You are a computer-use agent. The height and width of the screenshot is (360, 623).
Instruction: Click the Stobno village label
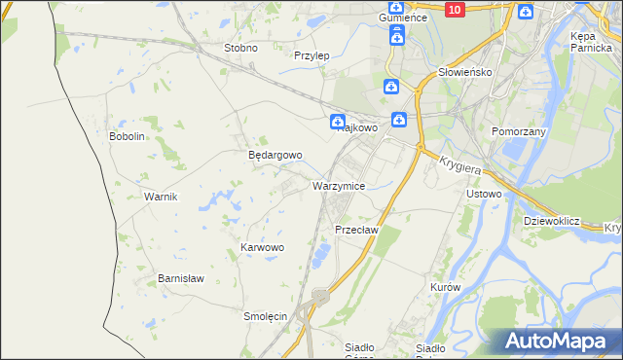point(240,48)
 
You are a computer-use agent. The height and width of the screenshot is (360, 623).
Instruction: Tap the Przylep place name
point(311,55)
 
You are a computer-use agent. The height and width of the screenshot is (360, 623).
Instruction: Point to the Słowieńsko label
point(465,72)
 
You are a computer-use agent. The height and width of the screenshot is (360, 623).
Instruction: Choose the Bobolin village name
point(127,136)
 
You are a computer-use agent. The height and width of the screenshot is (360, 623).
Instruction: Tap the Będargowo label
point(275,155)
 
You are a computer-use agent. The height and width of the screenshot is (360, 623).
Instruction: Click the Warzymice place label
point(339,185)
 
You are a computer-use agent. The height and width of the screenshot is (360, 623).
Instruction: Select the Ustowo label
point(484,194)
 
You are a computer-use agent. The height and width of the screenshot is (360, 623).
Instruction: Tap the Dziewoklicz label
point(551,221)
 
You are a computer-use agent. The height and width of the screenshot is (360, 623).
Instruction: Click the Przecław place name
point(355,230)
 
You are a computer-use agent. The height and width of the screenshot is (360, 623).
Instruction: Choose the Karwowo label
point(262,248)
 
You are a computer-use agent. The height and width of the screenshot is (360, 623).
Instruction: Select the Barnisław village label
point(181,277)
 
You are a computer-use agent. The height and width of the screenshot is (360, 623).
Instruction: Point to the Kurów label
point(444,288)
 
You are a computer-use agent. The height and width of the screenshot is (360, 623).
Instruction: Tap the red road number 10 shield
point(454,9)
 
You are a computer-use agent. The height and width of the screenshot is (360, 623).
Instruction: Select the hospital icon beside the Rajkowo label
point(337,122)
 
